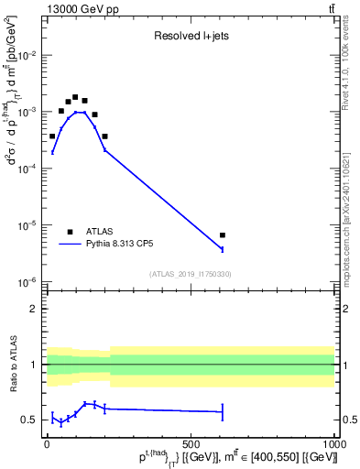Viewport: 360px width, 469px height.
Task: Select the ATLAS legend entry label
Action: [x=102, y=232]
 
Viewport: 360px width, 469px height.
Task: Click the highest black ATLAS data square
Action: [x=75, y=97]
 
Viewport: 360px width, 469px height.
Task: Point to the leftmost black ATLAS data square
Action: [x=52, y=136]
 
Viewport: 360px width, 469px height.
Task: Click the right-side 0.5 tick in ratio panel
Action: [x=348, y=420]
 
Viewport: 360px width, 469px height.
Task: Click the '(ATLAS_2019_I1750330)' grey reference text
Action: [x=190, y=274]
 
